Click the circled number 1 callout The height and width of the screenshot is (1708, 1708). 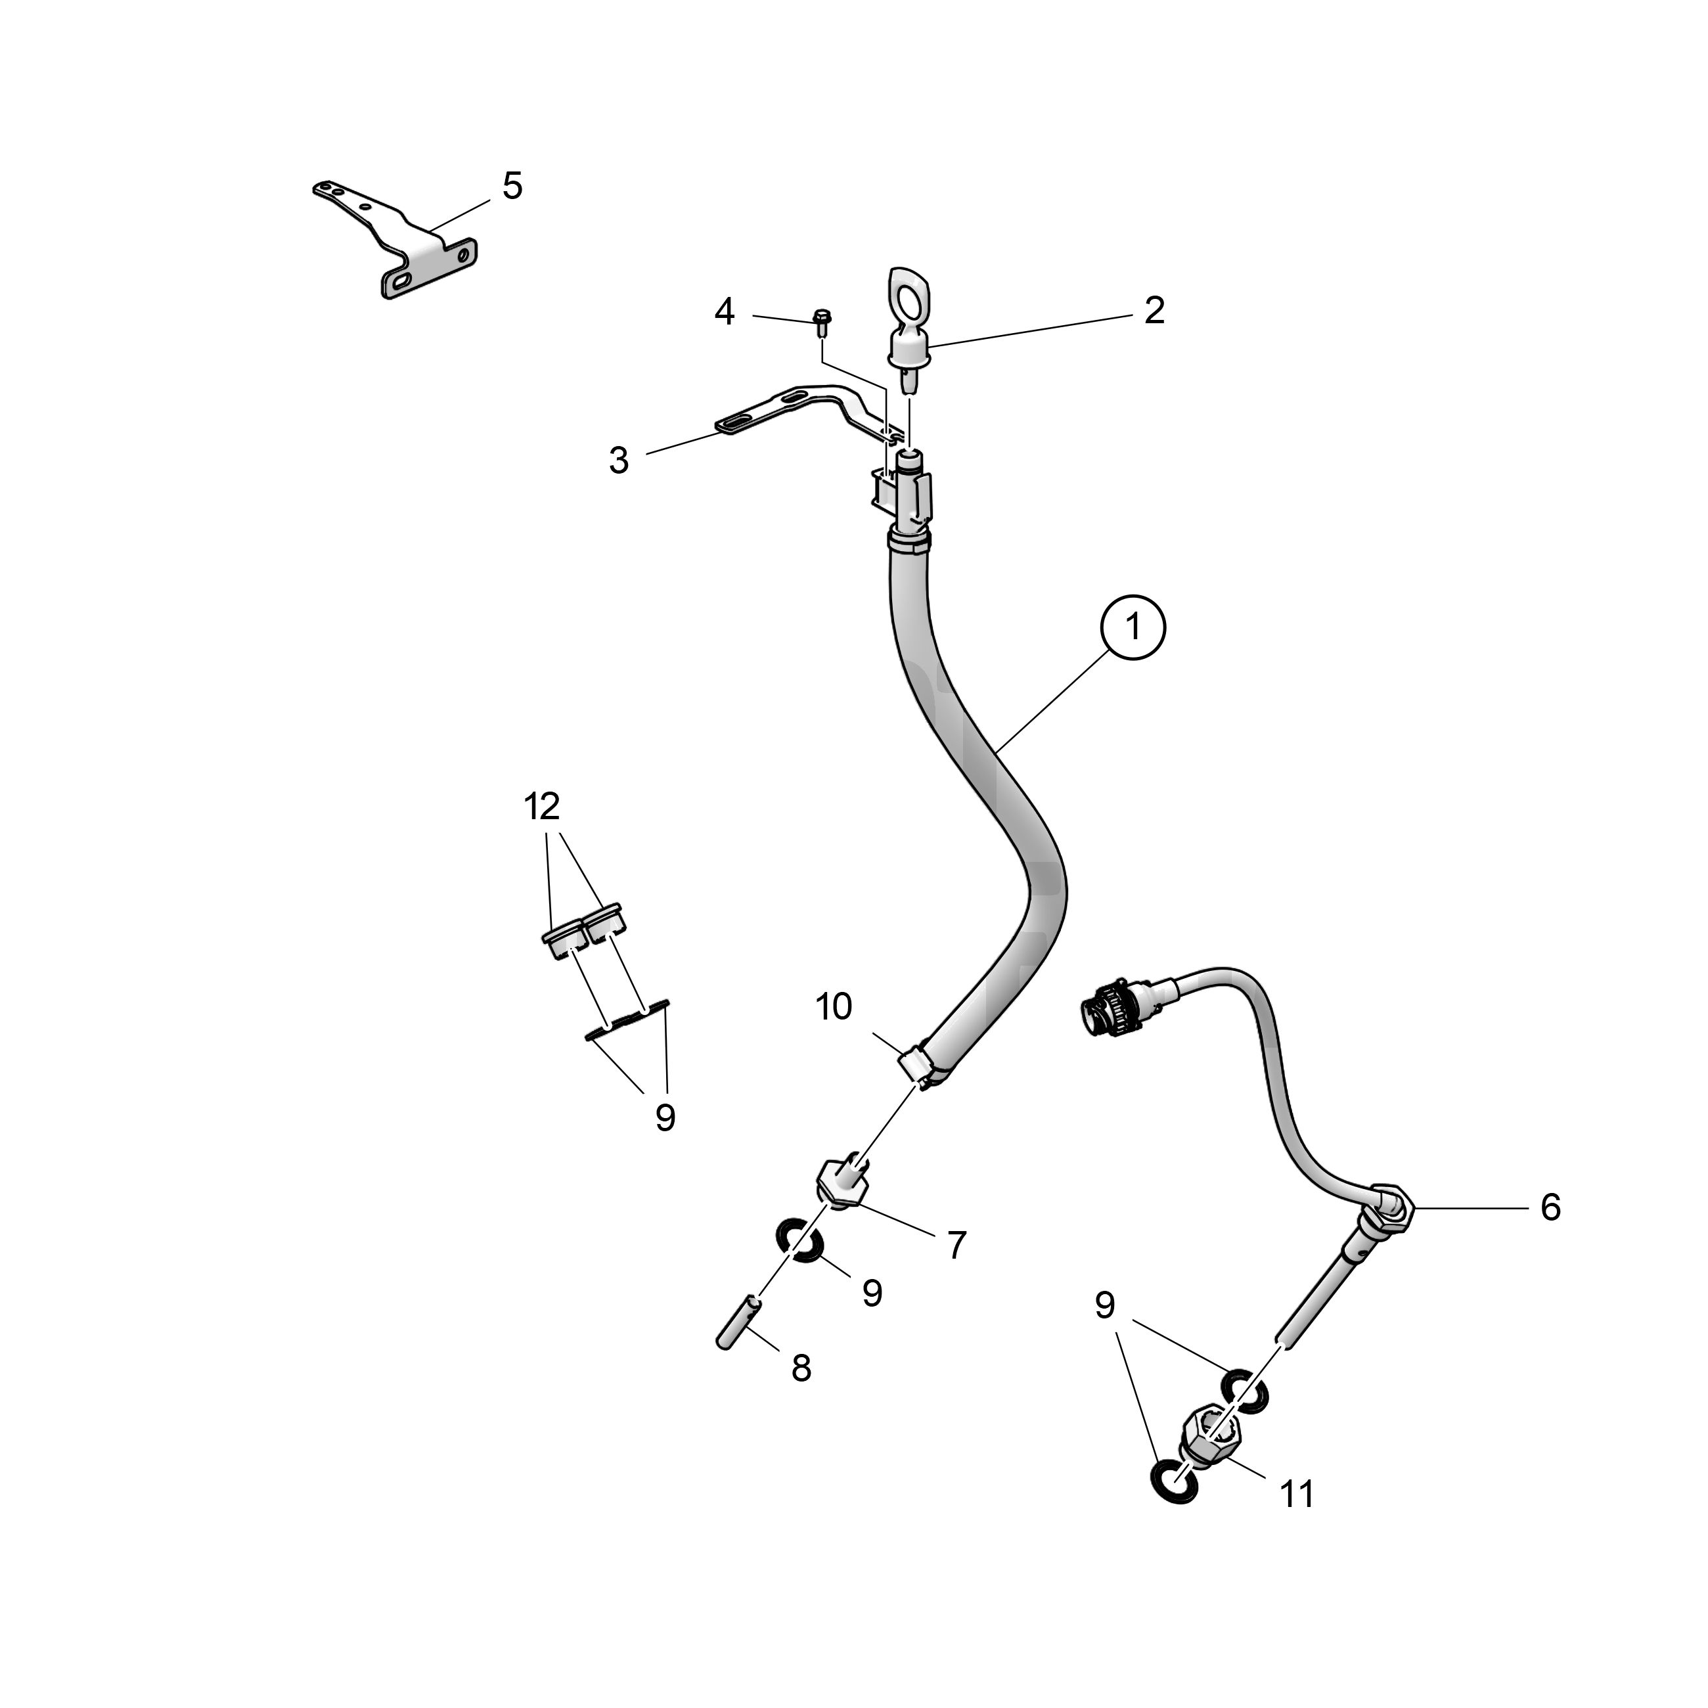(x=1133, y=627)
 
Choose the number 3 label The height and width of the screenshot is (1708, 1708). (x=619, y=460)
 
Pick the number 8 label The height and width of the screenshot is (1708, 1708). (x=801, y=1368)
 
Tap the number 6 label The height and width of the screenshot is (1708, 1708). (x=1550, y=1207)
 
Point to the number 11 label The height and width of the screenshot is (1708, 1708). (x=1297, y=1494)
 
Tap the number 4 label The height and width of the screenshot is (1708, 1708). (x=724, y=311)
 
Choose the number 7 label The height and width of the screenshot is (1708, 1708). (x=956, y=1246)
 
